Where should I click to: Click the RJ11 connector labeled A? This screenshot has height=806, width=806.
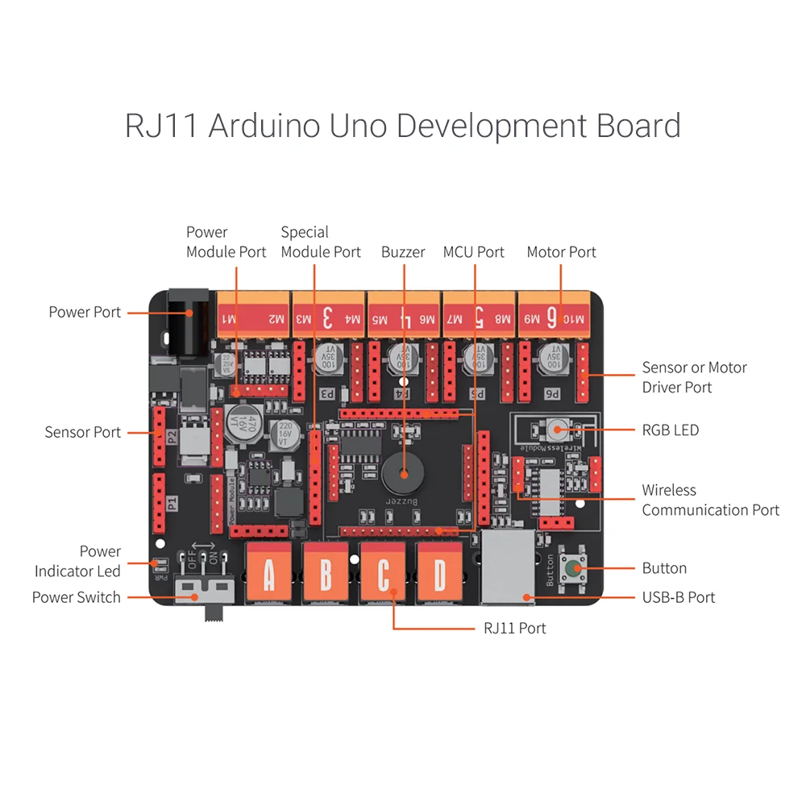pyautogui.click(x=268, y=574)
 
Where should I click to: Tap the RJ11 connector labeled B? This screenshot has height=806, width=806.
pyautogui.click(x=325, y=574)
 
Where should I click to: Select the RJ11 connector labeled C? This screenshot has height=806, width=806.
pyautogui.click(x=383, y=574)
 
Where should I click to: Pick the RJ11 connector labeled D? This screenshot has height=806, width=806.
pyautogui.click(x=439, y=574)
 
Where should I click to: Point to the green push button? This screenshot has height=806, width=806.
pyautogui.click(x=574, y=569)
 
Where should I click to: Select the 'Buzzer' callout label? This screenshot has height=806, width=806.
pyautogui.click(x=403, y=252)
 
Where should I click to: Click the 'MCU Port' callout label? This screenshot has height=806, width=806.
pyautogui.click(x=474, y=252)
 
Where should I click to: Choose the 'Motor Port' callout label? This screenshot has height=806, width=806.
pyautogui.click(x=561, y=252)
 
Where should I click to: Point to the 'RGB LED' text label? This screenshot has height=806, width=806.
pyautogui.click(x=670, y=430)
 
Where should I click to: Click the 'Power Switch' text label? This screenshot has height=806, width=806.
pyautogui.click(x=76, y=597)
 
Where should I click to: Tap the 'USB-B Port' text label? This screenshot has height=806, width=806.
pyautogui.click(x=678, y=597)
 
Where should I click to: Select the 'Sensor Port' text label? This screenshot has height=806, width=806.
pyautogui.click(x=82, y=432)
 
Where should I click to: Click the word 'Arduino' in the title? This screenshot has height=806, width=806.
pyautogui.click(x=261, y=127)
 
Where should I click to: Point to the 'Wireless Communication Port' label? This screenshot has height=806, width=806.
pyautogui.click(x=710, y=500)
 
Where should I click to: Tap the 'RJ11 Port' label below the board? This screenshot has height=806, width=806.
pyautogui.click(x=514, y=628)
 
